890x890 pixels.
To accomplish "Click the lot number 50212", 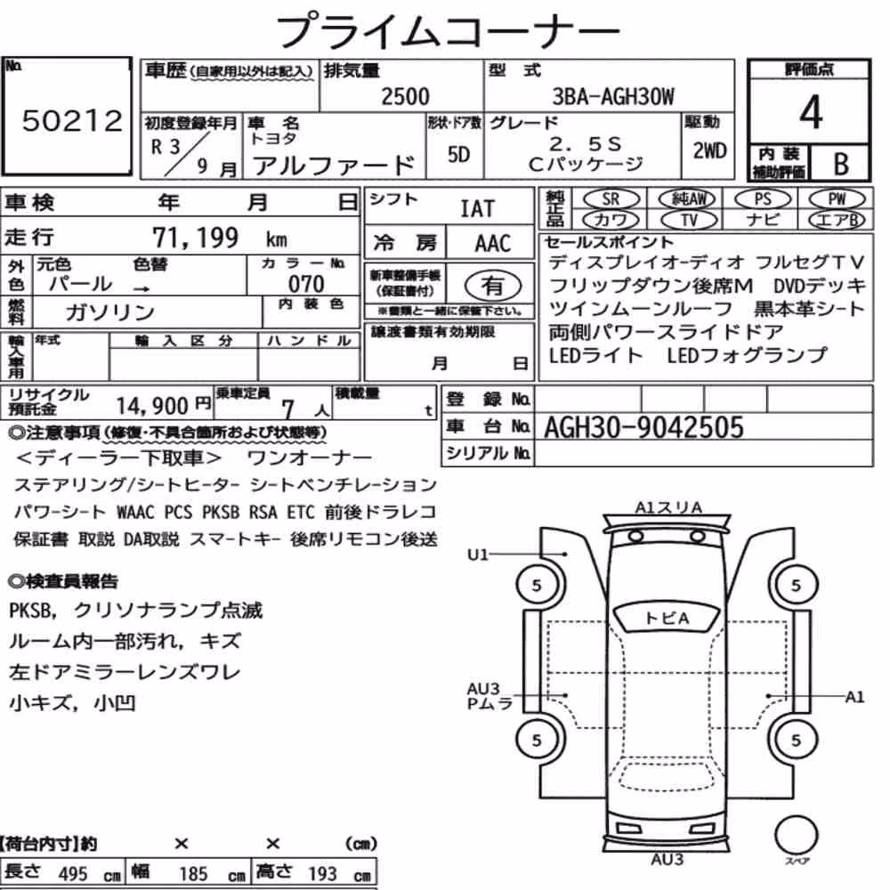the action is click(72, 120).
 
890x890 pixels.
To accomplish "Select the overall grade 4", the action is click(811, 112).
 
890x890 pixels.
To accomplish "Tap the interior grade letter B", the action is click(841, 164).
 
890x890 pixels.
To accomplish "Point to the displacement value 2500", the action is click(405, 96).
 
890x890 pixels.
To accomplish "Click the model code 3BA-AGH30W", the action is click(613, 96).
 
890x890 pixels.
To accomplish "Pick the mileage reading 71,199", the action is click(195, 238).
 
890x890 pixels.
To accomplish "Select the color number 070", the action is click(306, 284).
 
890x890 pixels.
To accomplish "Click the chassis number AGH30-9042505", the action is click(643, 427).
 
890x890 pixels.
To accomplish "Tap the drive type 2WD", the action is click(709, 150).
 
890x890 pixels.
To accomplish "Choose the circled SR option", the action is click(611, 198).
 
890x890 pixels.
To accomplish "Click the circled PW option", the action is click(837, 198).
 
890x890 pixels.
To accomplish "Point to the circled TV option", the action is click(689, 219).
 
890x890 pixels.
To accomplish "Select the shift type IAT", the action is click(477, 209).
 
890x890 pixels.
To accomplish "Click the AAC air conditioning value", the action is click(493, 244).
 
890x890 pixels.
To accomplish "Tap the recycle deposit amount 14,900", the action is click(151, 406).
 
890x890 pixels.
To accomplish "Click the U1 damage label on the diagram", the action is click(478, 554).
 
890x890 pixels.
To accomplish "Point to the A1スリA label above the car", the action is click(668, 507).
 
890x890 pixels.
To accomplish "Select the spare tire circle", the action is click(796, 835).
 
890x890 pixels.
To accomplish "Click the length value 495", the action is click(73, 874).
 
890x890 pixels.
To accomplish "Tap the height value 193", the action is click(322, 874).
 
